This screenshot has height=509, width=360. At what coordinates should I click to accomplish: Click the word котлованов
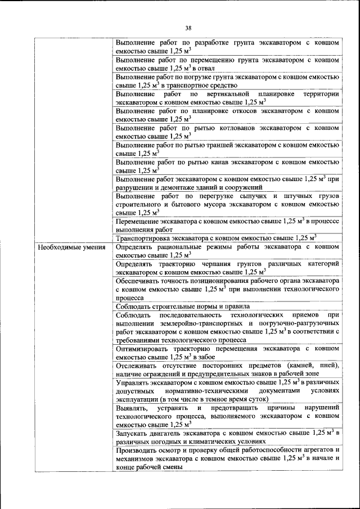[x=213, y=128]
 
